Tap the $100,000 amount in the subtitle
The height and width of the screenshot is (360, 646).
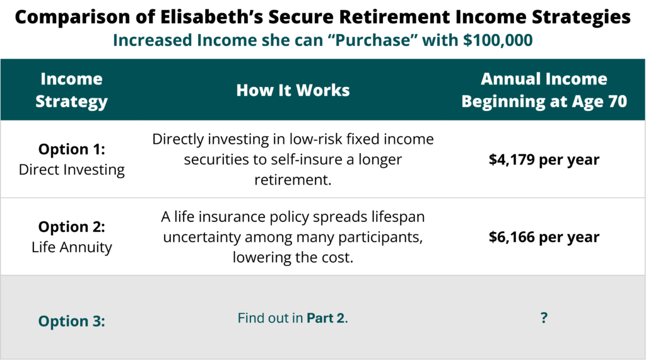click(x=498, y=40)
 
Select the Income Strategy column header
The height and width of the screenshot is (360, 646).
click(x=72, y=90)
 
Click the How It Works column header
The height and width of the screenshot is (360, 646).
click(x=293, y=90)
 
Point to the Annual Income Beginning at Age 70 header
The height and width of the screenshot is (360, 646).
click(x=544, y=90)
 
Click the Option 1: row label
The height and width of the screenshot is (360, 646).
click(x=72, y=149)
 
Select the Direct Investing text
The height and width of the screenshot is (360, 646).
click(x=72, y=170)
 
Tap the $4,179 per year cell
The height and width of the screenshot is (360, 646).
click(x=544, y=160)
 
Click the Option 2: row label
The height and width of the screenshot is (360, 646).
click(x=72, y=226)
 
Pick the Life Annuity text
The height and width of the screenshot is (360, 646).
click(x=72, y=247)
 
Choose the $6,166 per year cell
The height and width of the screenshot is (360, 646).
click(x=544, y=237)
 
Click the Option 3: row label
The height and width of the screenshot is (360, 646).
click(x=72, y=321)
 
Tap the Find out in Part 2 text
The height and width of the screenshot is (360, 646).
click(x=293, y=318)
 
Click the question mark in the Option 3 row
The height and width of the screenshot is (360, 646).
click(x=544, y=318)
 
